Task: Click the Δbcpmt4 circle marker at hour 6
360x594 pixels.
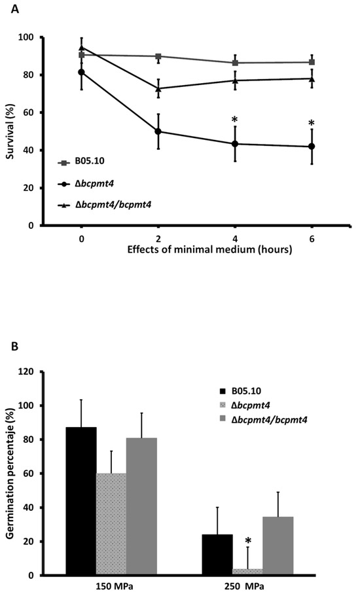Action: [312, 147]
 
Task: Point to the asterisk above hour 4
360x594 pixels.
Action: [234, 120]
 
